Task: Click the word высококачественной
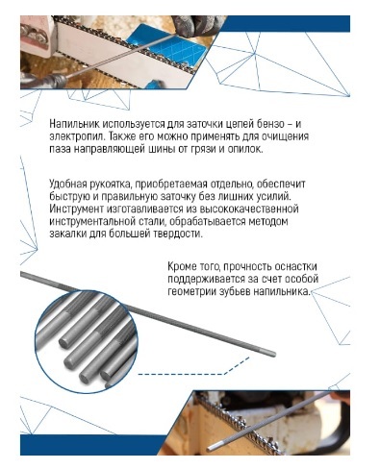tap(249, 209)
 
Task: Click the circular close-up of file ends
tap(87, 341)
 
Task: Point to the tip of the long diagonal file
tap(274, 354)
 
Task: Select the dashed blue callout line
tap(193, 368)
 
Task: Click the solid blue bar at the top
tap(287, 24)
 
